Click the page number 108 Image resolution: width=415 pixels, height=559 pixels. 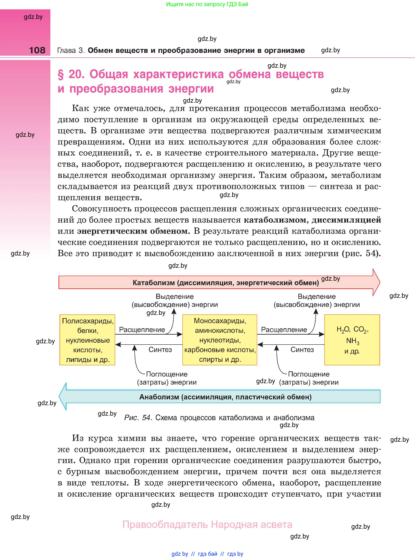pos(37,50)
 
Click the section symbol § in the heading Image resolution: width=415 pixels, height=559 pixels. pos(61,75)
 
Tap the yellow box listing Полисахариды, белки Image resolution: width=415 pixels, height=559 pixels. pos(87,340)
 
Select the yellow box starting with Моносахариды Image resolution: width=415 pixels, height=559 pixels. pos(220,340)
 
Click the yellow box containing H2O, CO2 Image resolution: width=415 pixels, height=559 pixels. pos(352,340)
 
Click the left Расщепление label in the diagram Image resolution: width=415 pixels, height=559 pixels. pos(142,330)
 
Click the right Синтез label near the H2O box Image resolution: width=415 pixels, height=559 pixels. pos(302,350)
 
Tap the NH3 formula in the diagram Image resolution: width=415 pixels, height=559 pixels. pos(352,341)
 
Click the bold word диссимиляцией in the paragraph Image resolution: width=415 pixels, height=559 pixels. pos(346,220)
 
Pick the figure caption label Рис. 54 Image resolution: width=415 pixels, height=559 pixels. pos(138,418)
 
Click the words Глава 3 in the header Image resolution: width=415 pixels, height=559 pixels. pos(71,51)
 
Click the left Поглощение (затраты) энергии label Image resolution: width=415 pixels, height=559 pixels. pos(167,378)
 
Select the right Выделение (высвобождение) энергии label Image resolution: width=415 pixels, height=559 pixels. pos(316,300)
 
